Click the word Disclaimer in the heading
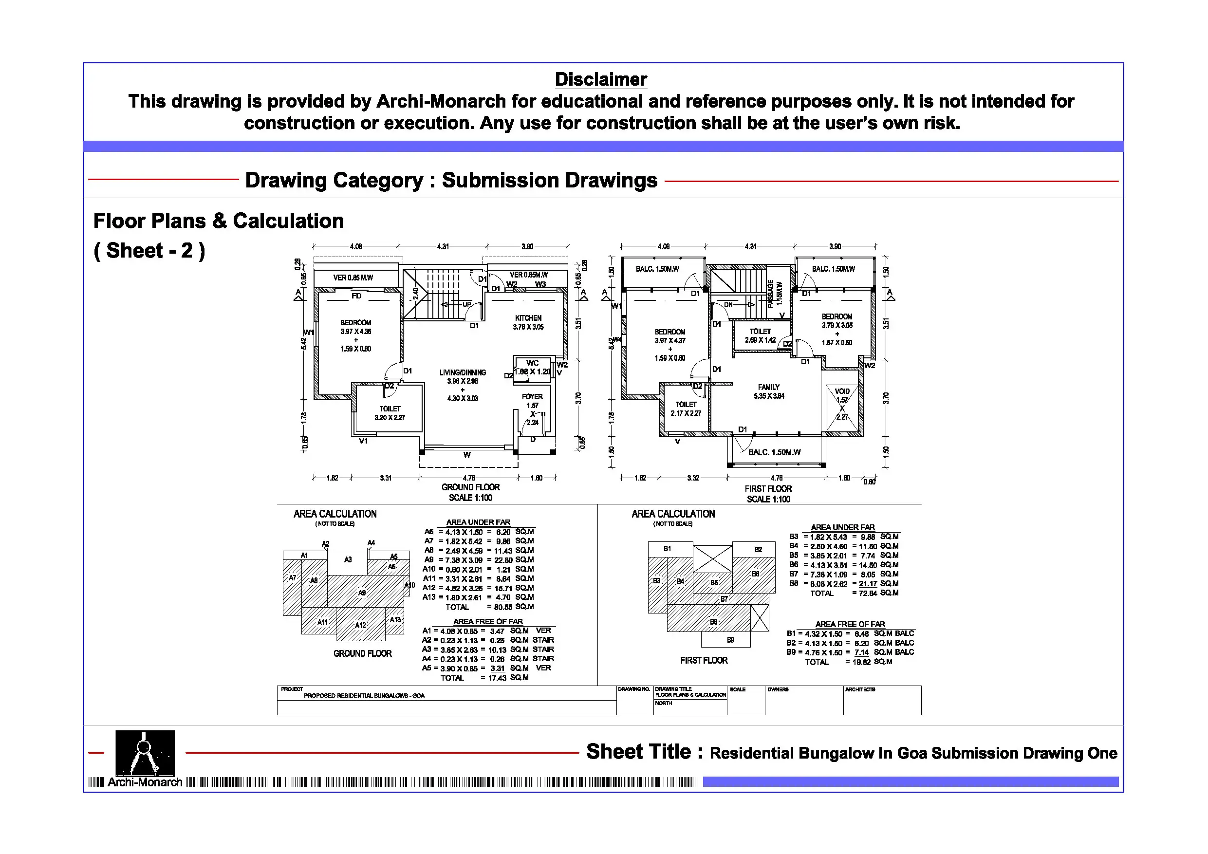coord(601,79)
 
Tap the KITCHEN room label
coord(528,318)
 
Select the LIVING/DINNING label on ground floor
coord(463,372)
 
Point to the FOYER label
coord(532,397)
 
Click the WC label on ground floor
coord(533,363)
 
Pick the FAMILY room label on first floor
coord(769,387)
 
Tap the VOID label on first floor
coord(842,391)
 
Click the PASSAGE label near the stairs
coord(771,293)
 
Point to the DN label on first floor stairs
coord(729,304)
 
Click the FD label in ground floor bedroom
coord(356,296)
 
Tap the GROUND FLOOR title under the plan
coord(470,487)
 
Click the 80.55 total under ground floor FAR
coord(503,607)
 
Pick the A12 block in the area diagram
coord(360,625)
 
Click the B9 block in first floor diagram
coord(730,640)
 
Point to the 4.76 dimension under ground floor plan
coord(468,478)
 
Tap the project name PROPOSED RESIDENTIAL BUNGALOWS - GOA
coord(364,696)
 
